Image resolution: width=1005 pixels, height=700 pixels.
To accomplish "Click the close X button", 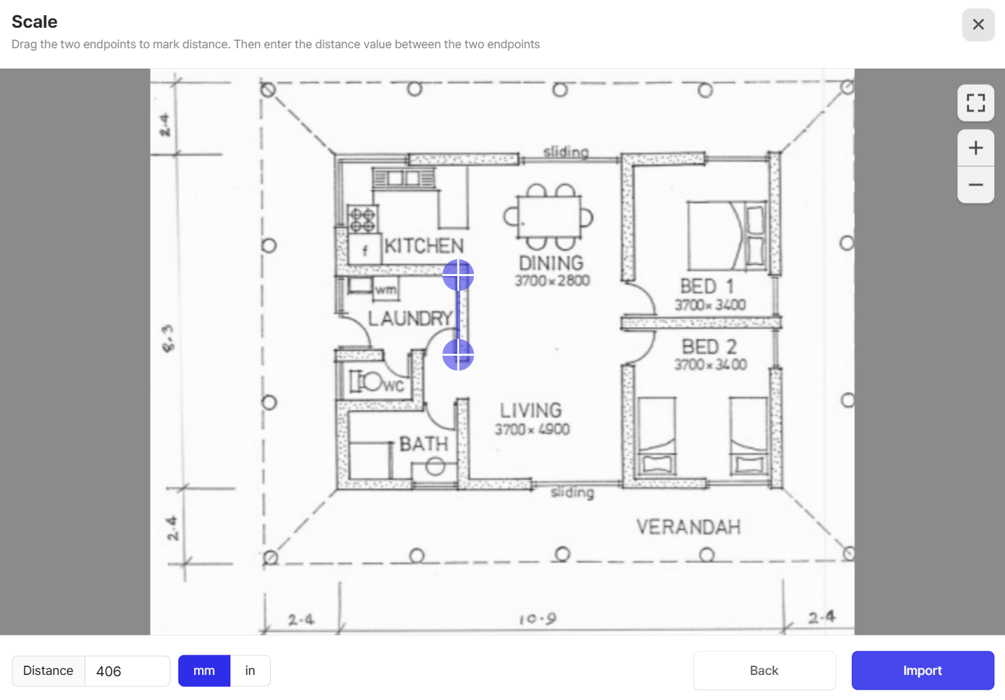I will (x=978, y=24).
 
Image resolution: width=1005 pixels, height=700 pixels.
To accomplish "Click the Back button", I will (x=764, y=670).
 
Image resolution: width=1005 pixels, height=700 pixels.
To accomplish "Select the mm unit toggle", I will (x=204, y=670).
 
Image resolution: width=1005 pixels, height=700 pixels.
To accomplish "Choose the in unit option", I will (x=250, y=670).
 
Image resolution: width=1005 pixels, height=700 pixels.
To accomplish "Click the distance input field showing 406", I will (x=127, y=671).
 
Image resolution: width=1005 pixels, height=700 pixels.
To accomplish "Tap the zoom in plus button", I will (x=975, y=148).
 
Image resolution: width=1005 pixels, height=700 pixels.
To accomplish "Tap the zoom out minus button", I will (x=975, y=185).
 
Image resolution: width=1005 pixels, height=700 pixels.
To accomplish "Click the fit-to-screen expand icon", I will (x=975, y=103).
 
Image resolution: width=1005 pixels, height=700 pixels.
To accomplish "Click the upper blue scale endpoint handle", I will (x=458, y=275).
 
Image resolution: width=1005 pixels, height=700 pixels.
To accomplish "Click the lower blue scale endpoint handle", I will (x=458, y=355).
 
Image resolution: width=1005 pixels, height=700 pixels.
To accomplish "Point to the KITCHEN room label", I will (x=424, y=246).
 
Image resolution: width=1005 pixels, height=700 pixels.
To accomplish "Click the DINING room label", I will (x=551, y=263).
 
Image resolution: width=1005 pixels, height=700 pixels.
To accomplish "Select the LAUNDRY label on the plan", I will (x=409, y=318).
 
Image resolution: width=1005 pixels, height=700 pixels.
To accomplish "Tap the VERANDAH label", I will (x=688, y=527).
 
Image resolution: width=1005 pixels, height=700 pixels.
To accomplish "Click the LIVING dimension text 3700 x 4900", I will (x=532, y=429).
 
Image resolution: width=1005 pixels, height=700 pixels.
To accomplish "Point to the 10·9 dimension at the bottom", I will (x=537, y=619).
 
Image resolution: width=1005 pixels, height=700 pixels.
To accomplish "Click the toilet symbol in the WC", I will (x=368, y=381).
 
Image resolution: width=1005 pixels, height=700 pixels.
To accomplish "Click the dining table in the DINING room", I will (x=549, y=217).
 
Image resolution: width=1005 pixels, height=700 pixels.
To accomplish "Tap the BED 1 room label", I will (x=707, y=286).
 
